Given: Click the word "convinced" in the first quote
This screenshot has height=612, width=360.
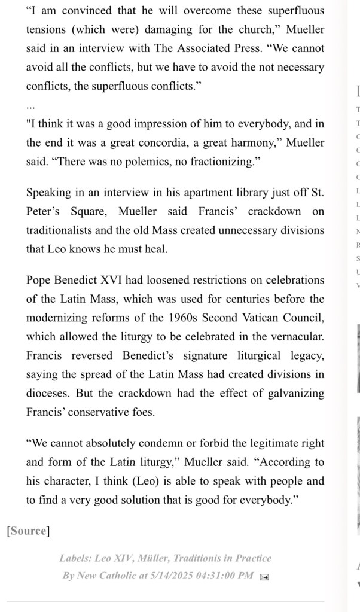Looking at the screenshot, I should click(73, 11).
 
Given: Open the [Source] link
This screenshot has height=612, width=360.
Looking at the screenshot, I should click(28, 531).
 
